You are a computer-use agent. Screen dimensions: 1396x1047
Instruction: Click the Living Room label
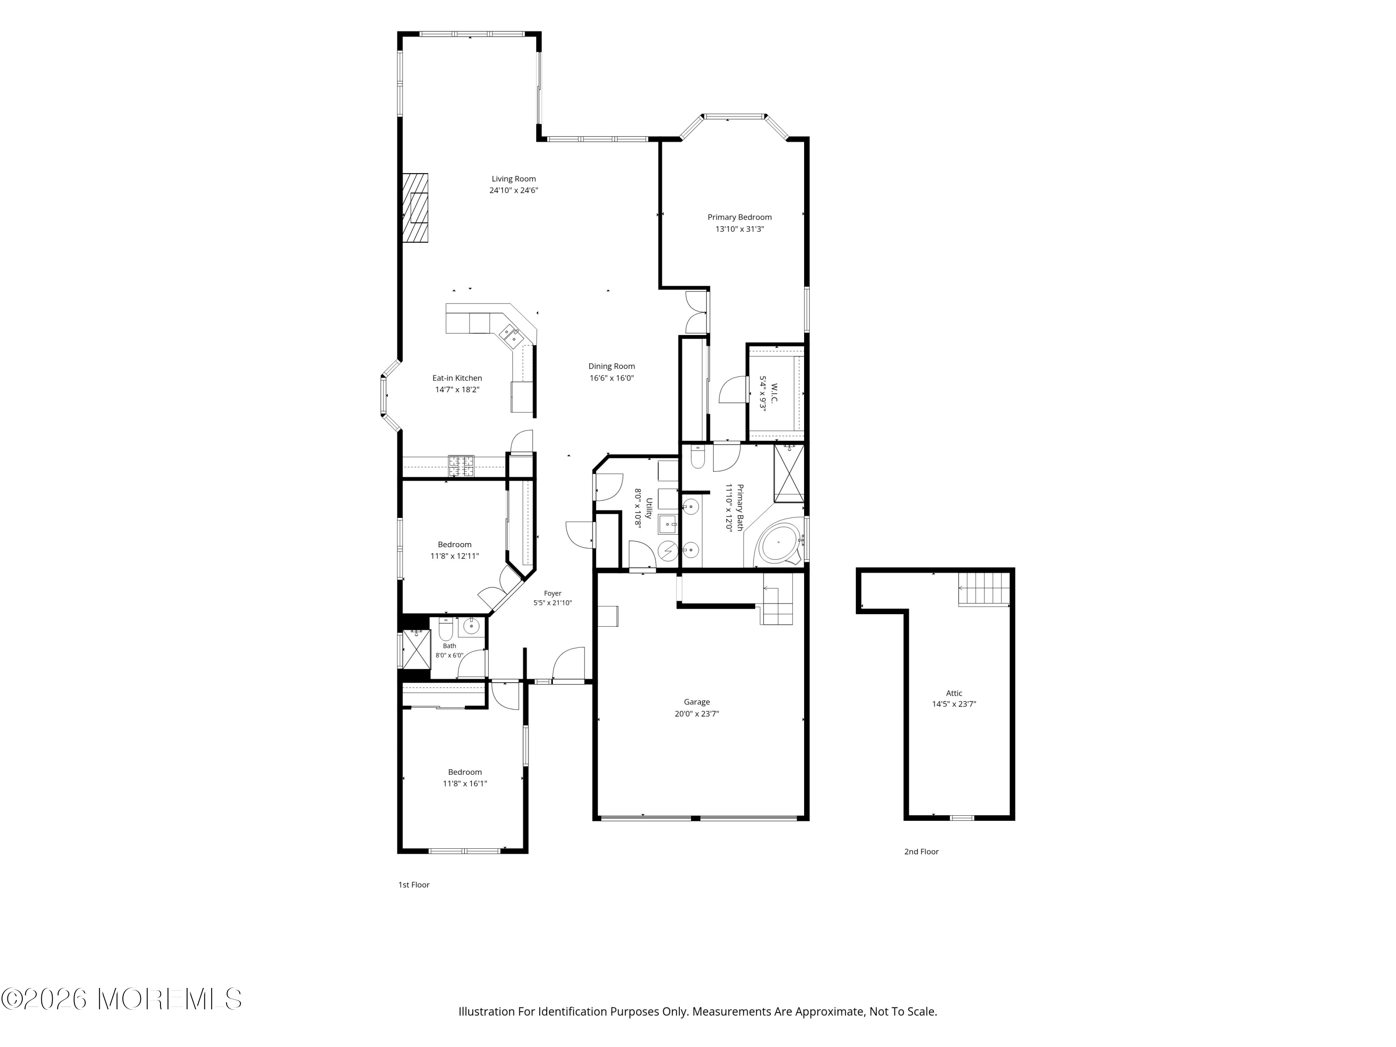pos(514,179)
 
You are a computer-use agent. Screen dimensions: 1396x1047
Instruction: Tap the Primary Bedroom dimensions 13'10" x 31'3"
pos(740,229)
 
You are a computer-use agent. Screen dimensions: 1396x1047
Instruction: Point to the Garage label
pos(697,702)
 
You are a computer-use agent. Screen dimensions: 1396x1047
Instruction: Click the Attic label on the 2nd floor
pos(954,693)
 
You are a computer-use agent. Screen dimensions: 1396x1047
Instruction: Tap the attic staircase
pos(984,588)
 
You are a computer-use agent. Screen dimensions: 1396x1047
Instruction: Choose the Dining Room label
pos(611,366)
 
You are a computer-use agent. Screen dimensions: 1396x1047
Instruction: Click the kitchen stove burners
pos(461,466)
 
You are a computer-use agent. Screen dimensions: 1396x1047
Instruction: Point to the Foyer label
pos(553,593)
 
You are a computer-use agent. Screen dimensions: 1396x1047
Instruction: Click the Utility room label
pos(649,508)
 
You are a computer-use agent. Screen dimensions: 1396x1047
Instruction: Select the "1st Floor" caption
pos(414,885)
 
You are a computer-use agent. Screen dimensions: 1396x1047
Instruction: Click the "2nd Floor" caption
pos(921,852)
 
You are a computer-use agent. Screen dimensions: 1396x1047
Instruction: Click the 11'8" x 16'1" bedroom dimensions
pos(465,784)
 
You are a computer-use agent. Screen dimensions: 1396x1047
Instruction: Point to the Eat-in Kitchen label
pos(457,378)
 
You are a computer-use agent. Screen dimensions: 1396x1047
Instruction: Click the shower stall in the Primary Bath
pos(789,473)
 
